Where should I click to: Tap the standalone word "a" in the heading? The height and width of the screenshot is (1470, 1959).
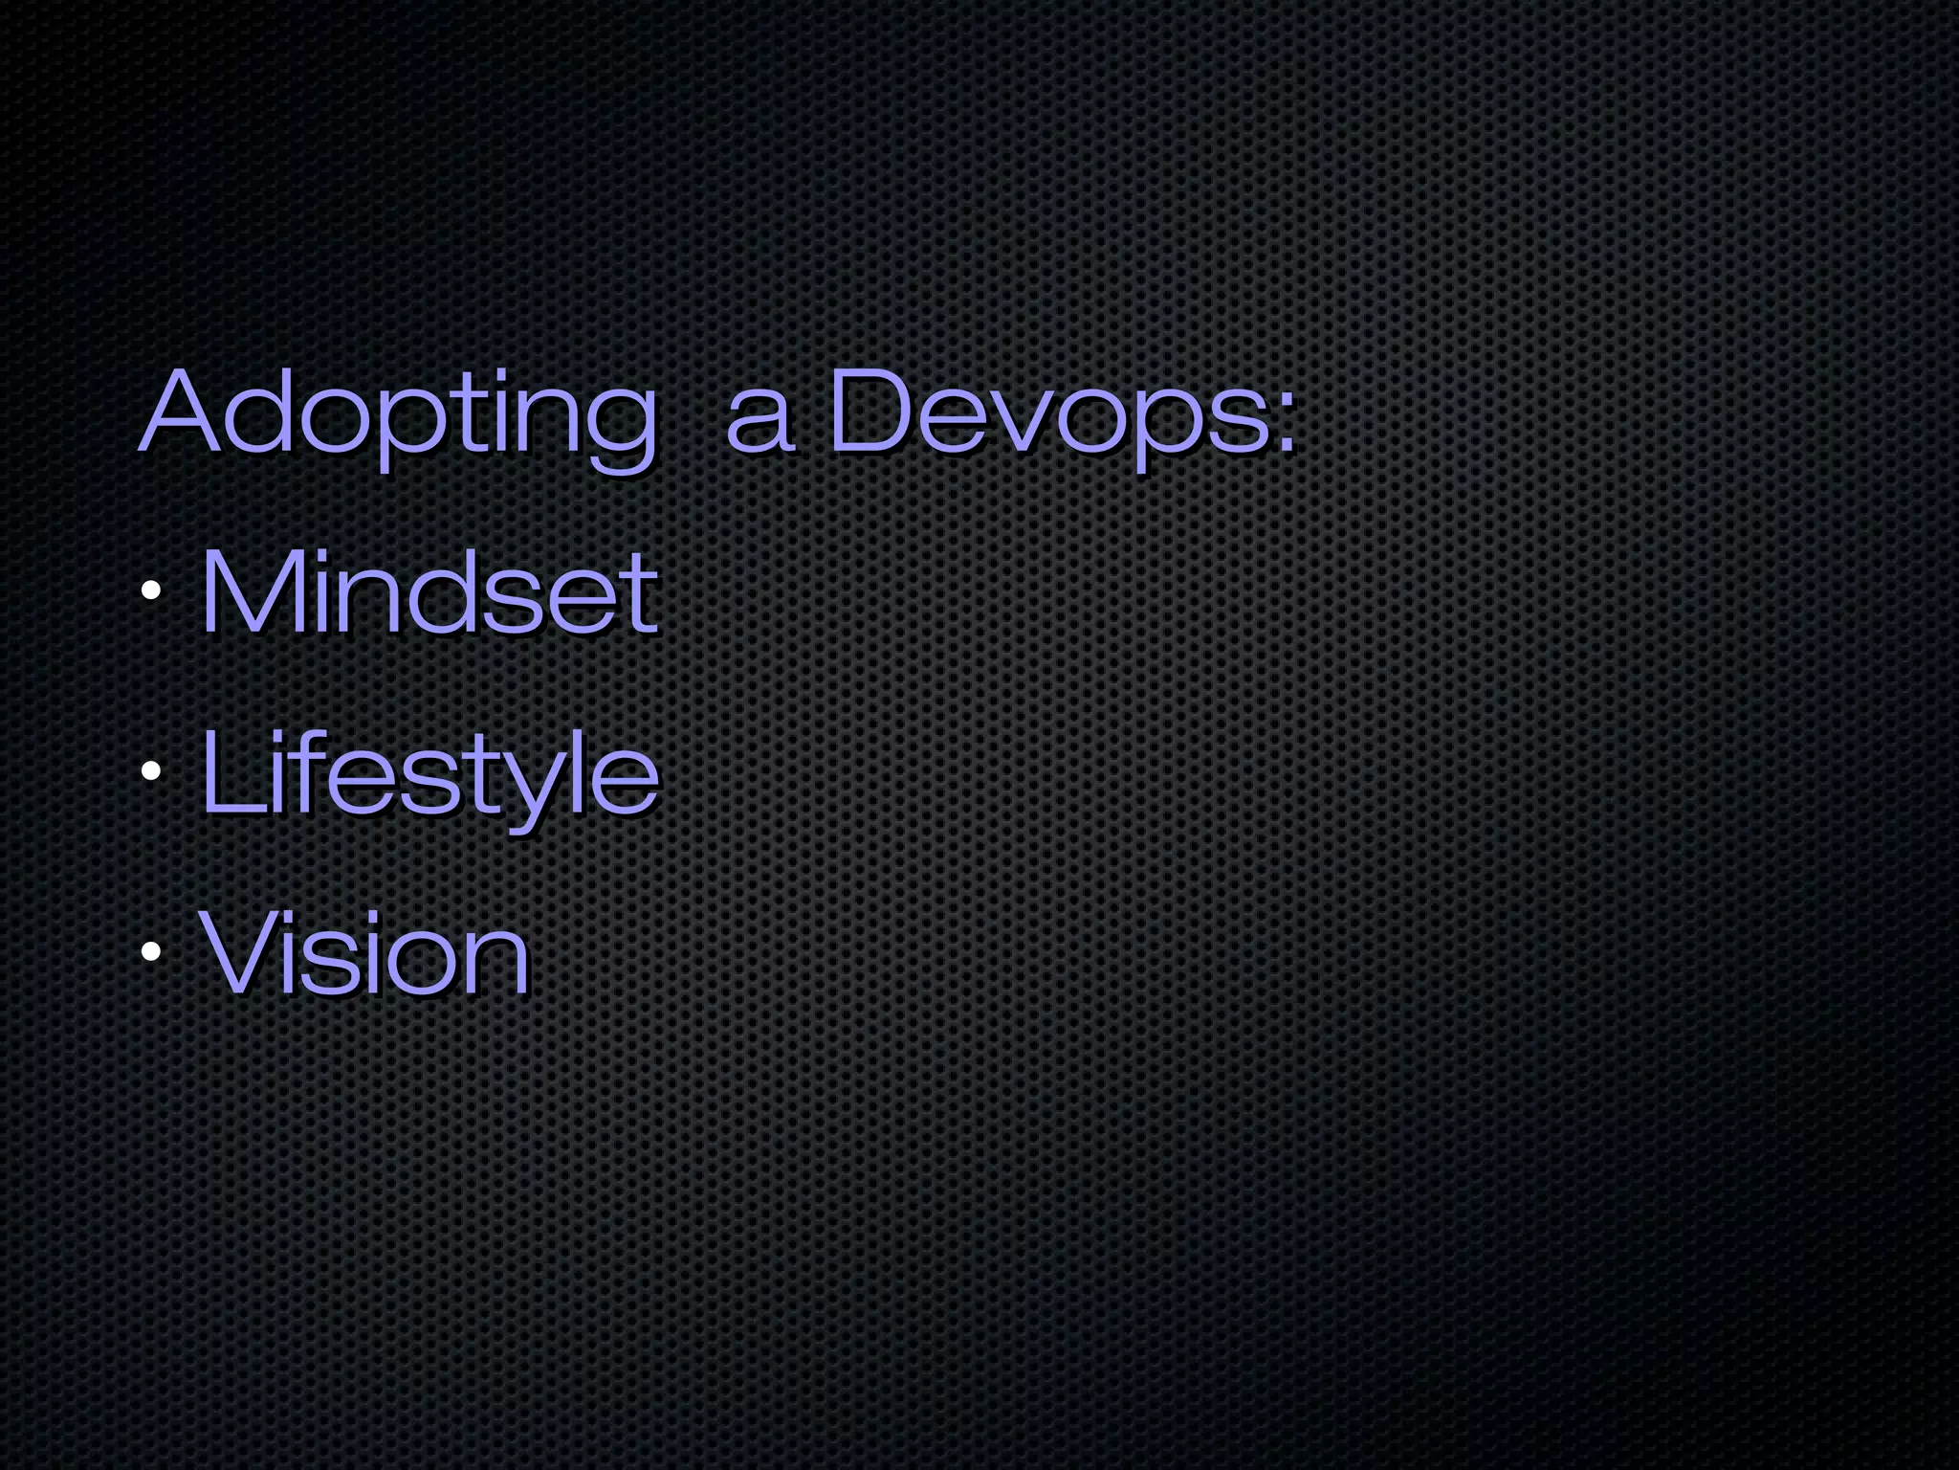[x=760, y=421]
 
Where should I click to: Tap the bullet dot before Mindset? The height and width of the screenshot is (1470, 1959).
[x=150, y=591]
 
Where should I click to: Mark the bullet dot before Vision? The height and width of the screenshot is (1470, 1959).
[x=150, y=952]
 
